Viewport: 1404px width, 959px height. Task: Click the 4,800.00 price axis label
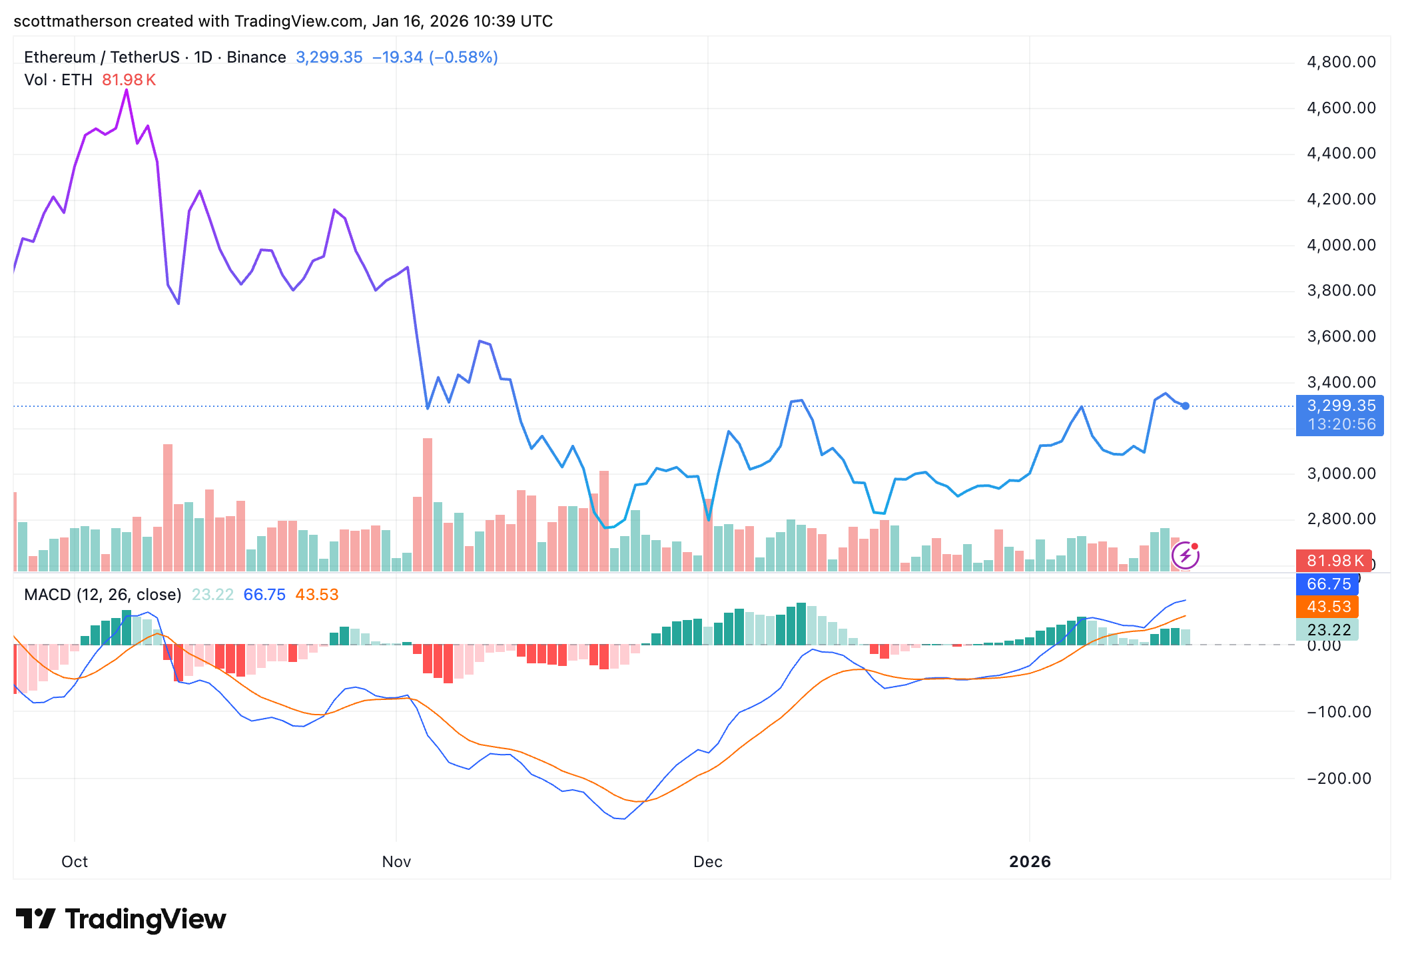tap(1341, 62)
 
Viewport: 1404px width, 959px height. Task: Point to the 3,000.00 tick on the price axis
tap(1341, 474)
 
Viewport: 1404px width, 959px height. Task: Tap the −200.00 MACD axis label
tap(1338, 778)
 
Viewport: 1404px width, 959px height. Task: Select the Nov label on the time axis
tap(396, 862)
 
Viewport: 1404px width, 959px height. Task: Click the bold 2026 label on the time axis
tap(1030, 862)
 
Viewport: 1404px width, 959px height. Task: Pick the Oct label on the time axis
tap(75, 862)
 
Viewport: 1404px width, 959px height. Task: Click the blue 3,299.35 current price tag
tap(1340, 406)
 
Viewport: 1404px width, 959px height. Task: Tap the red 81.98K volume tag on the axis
tap(1334, 561)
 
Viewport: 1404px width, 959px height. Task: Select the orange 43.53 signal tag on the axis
tap(1328, 607)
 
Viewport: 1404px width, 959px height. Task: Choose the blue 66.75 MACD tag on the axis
tap(1328, 584)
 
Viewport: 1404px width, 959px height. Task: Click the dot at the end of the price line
tap(1186, 406)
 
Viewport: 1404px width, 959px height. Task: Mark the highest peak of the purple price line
tap(127, 91)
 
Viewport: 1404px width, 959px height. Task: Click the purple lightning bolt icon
tap(1186, 555)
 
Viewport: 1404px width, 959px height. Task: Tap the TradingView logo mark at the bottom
tap(35, 919)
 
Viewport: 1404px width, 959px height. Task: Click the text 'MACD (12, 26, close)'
tap(103, 595)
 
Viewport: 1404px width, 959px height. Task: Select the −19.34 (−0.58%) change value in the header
tap(435, 57)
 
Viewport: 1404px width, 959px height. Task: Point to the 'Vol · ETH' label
tap(58, 80)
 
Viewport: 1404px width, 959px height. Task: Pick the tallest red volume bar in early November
tap(428, 504)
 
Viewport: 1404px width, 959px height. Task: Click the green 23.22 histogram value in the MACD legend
tap(212, 595)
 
